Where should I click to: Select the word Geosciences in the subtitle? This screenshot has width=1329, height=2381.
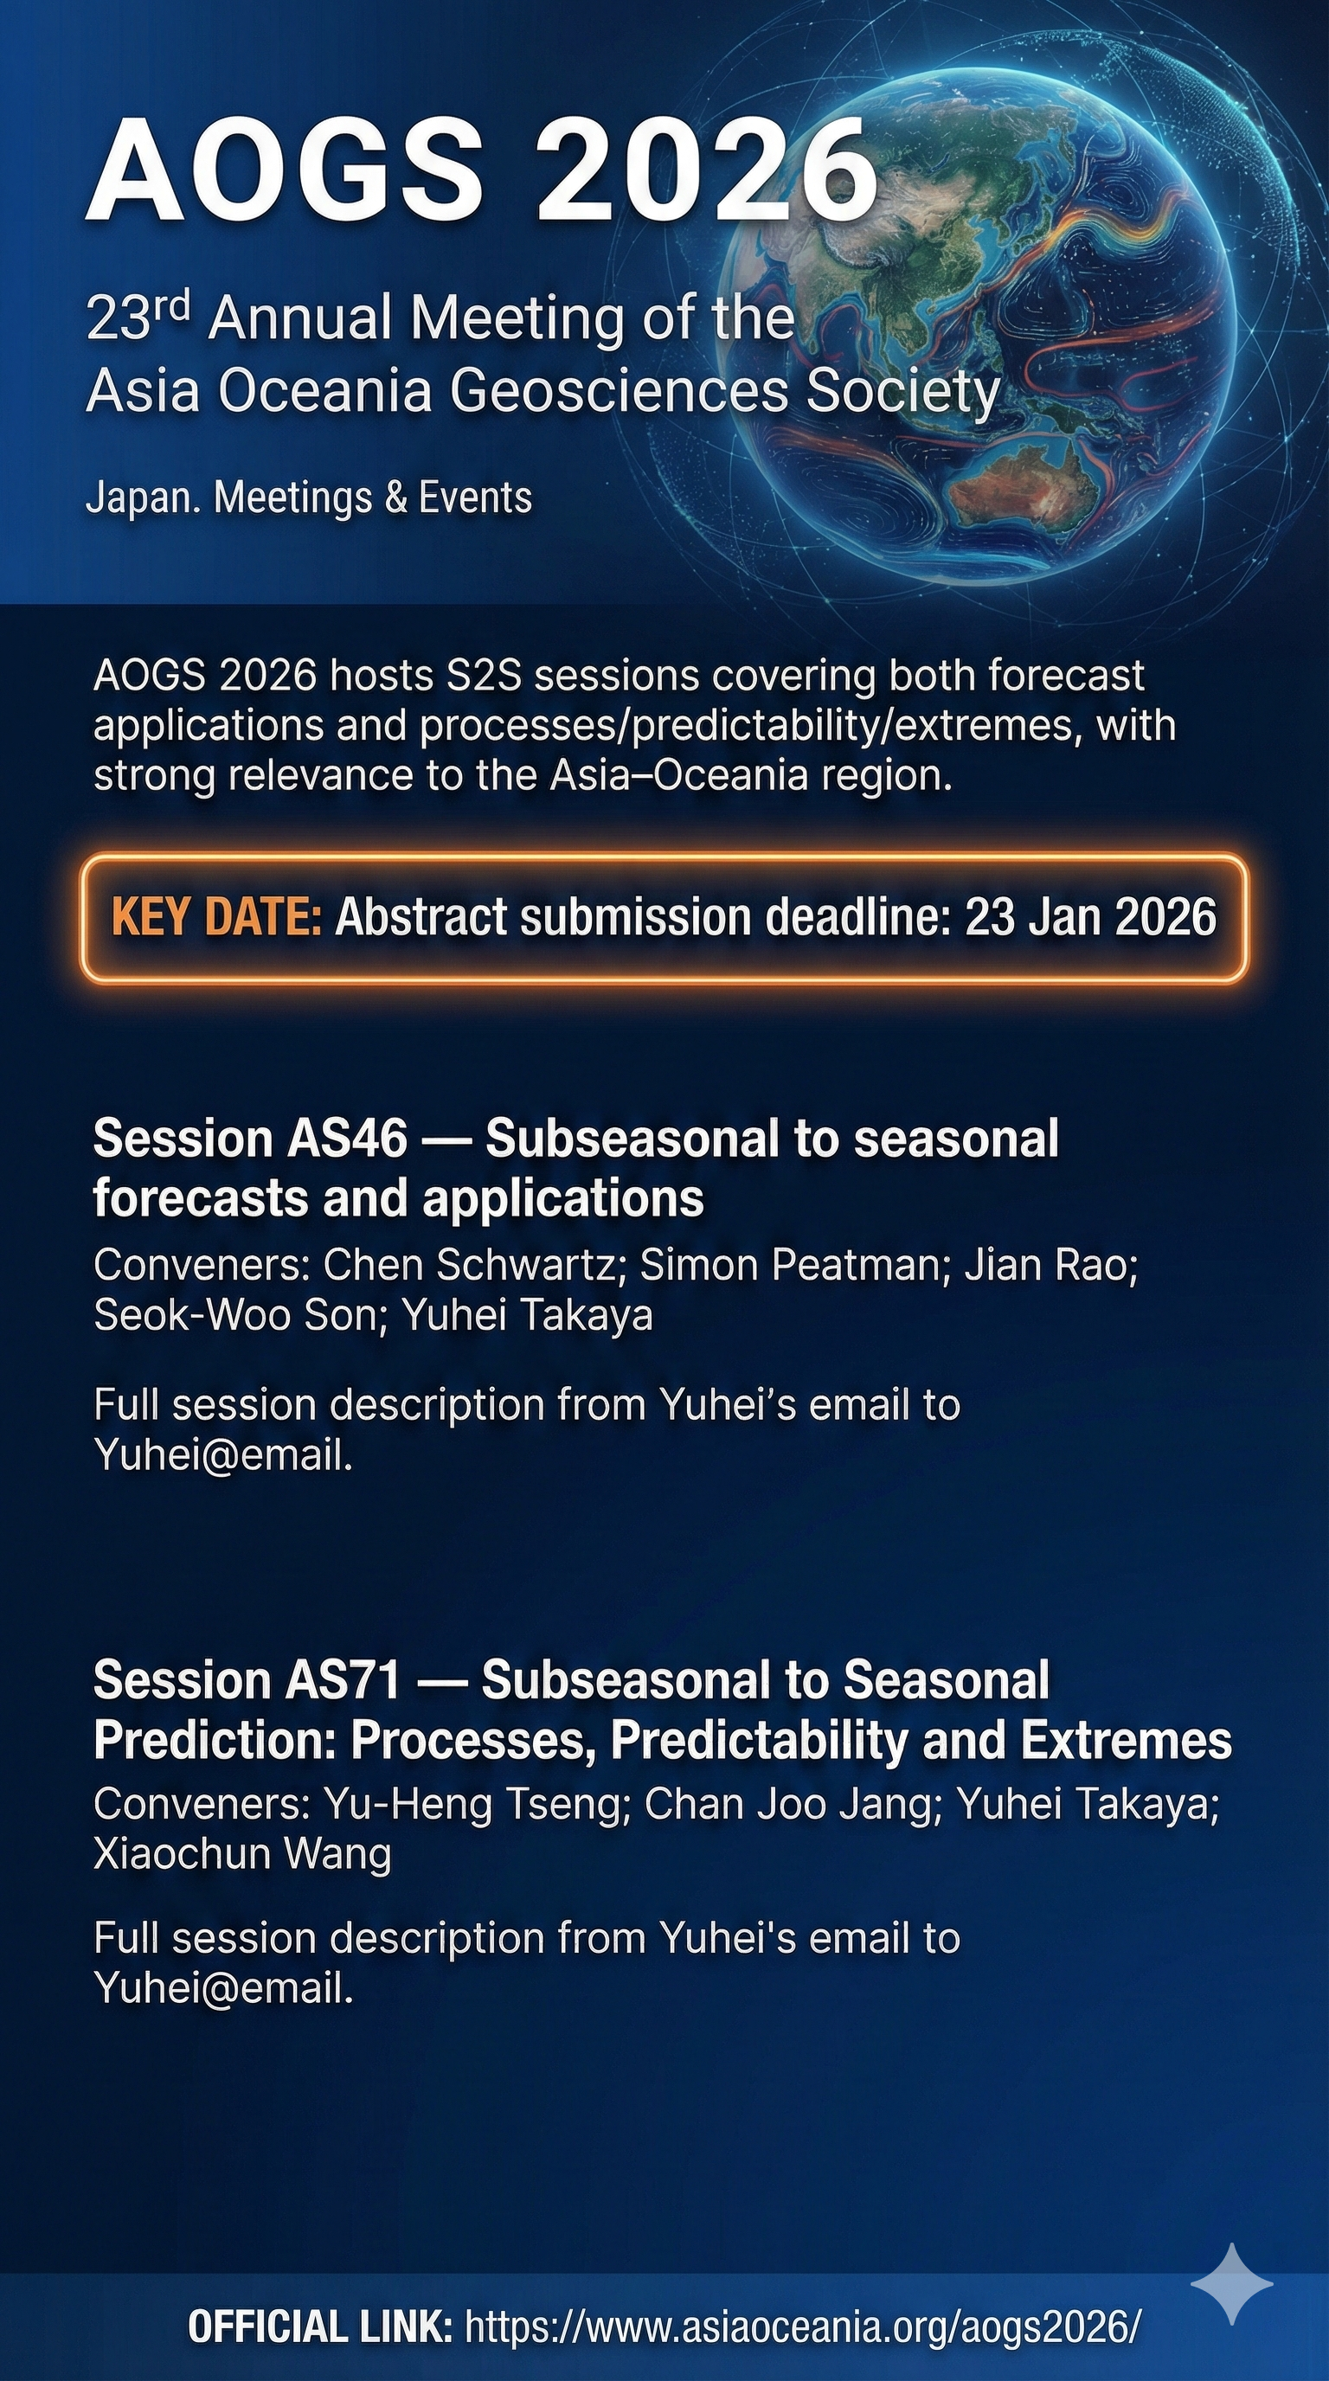[620, 391]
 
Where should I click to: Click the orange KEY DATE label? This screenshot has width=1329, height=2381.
[216, 918]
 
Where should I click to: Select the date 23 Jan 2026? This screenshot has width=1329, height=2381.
[1090, 918]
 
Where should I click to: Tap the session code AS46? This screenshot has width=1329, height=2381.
[347, 1139]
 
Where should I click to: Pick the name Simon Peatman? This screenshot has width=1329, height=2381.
[790, 1264]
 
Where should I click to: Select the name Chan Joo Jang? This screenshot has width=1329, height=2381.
[792, 1804]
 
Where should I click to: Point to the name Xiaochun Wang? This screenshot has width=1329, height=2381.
[242, 1854]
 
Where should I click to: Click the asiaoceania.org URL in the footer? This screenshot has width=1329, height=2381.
[803, 2326]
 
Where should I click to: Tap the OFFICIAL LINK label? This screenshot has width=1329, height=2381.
[320, 2326]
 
